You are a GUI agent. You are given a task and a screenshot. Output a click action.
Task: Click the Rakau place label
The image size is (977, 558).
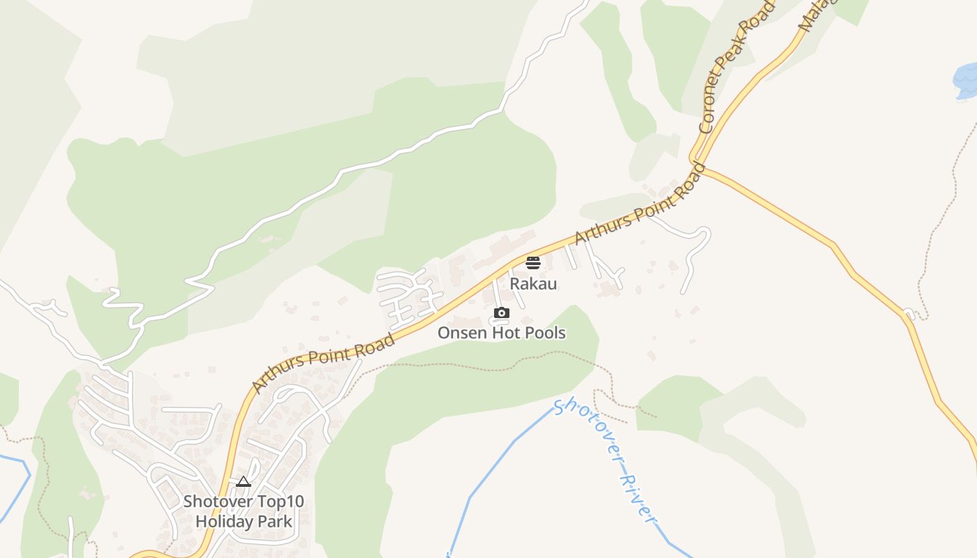(x=533, y=284)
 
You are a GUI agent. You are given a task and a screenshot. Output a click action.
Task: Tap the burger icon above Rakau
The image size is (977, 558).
(x=533, y=263)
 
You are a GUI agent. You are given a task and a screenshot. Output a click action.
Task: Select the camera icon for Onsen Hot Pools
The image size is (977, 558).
(x=501, y=313)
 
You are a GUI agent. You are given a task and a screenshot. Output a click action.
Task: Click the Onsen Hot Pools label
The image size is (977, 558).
(x=501, y=333)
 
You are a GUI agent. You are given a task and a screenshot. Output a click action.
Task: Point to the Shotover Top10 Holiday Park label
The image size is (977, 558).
(x=244, y=511)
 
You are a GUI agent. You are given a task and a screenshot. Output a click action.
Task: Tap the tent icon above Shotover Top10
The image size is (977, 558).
(x=243, y=481)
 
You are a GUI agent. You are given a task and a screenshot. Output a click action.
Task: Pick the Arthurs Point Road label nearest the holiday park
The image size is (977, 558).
(x=323, y=363)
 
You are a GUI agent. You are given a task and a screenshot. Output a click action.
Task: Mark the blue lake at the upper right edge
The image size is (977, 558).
(x=967, y=80)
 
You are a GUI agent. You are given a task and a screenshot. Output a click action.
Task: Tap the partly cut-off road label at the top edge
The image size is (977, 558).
(x=814, y=15)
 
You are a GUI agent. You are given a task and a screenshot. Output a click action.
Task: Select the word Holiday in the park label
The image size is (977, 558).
(x=223, y=521)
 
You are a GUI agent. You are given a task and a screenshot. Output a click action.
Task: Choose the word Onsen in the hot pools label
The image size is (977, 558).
(x=461, y=333)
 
